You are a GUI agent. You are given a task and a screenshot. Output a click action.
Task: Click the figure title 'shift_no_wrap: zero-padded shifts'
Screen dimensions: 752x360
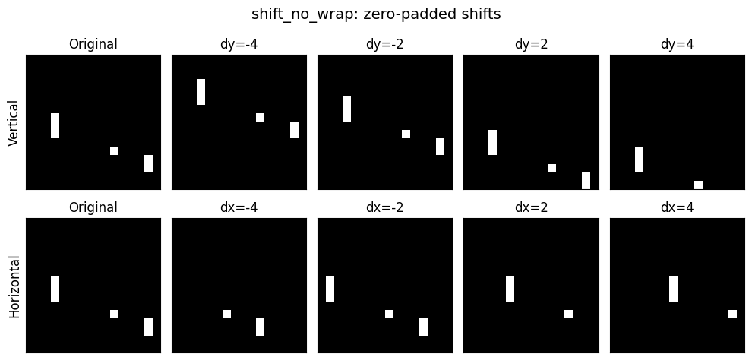click(376, 14)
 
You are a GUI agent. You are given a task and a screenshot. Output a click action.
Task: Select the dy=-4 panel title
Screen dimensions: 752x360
click(239, 44)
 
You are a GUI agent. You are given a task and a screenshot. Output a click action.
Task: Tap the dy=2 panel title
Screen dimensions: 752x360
click(531, 44)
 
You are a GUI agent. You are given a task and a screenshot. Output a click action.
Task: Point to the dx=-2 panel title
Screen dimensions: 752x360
click(384, 207)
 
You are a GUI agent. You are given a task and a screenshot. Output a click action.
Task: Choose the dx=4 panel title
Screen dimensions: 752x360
click(677, 207)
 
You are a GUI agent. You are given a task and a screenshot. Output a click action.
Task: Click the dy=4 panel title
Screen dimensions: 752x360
click(677, 44)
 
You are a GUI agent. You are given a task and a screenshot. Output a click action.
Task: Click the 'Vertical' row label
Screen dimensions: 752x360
click(14, 123)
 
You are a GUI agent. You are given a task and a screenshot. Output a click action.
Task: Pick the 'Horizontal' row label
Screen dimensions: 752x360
click(14, 286)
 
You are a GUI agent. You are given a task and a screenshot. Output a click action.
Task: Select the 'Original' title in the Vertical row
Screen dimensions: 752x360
click(93, 44)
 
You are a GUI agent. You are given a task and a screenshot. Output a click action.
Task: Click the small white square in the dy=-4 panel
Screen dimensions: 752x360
click(260, 118)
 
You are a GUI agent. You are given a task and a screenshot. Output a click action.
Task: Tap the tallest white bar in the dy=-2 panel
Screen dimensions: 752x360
click(346, 109)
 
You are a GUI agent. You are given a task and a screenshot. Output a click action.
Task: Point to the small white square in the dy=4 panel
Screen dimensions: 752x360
click(698, 185)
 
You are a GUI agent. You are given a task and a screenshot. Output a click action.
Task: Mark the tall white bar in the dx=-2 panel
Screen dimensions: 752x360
click(330, 289)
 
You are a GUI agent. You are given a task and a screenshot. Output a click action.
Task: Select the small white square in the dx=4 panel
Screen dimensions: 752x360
click(732, 314)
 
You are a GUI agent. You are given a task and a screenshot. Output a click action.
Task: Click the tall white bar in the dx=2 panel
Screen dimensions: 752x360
click(510, 289)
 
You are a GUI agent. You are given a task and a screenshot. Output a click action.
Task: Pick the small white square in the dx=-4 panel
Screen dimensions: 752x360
click(226, 314)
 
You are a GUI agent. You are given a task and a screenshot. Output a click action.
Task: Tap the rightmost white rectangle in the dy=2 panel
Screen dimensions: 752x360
click(586, 181)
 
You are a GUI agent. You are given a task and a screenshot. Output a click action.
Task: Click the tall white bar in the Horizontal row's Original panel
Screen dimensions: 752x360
click(55, 289)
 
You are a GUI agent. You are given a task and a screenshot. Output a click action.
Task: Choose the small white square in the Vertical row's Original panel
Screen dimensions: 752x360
click(114, 151)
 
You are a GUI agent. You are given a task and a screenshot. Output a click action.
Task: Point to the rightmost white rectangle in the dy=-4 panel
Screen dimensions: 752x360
click(294, 130)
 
